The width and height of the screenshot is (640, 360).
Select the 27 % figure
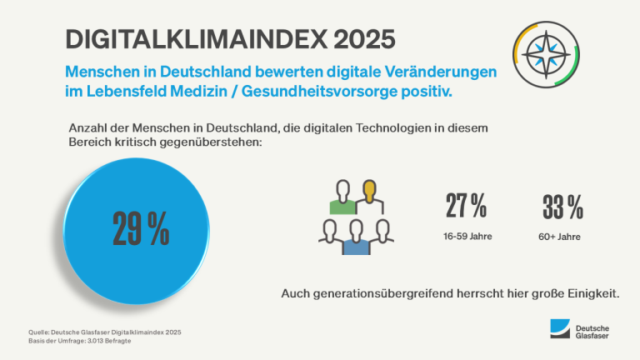[x=467, y=205]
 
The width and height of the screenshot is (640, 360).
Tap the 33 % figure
[x=562, y=205]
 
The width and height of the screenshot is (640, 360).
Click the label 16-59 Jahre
[x=467, y=236]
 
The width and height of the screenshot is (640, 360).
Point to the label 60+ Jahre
[x=559, y=237]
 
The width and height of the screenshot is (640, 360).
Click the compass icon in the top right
[x=542, y=56]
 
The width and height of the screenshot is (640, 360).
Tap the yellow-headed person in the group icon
[x=369, y=197]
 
